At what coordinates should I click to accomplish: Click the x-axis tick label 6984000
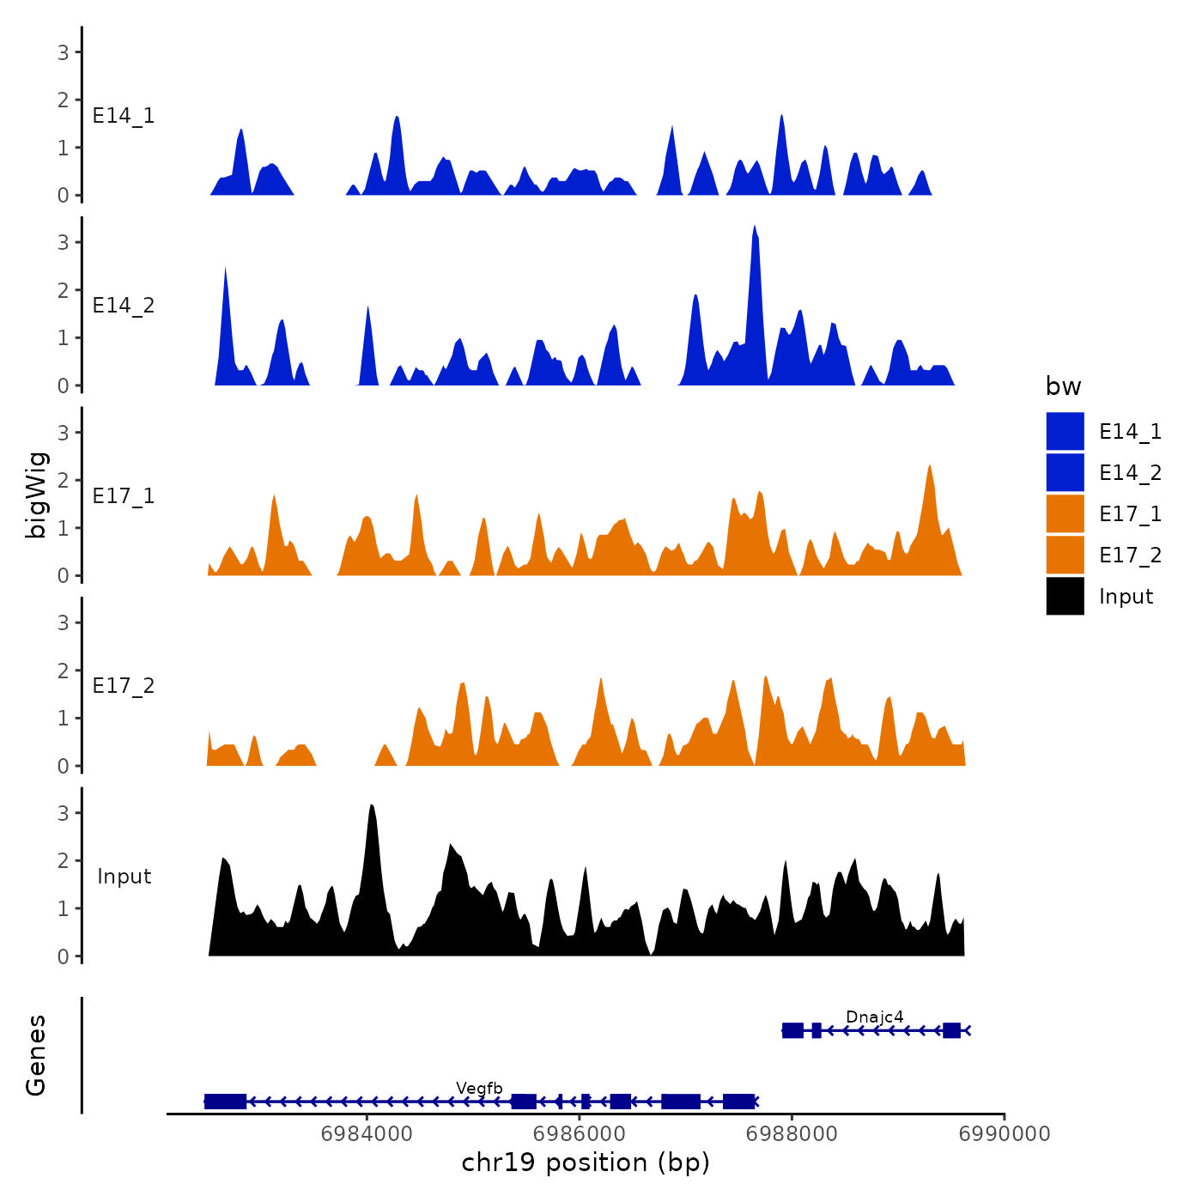(367, 1133)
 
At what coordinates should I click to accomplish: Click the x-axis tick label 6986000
(580, 1133)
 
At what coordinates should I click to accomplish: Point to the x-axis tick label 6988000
(792, 1133)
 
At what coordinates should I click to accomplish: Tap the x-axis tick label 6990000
(1005, 1133)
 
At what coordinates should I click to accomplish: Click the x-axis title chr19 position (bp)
(586, 1163)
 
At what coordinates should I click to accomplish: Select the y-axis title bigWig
(37, 495)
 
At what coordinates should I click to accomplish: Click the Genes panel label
(36, 1055)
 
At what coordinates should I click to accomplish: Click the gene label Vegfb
(479, 1089)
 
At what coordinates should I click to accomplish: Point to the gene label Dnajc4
(874, 1017)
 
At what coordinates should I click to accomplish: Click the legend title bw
(1063, 386)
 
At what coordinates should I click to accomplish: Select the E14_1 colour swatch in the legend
(1065, 431)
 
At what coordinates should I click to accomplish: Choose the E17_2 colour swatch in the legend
(1065, 555)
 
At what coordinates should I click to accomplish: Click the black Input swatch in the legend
(1065, 596)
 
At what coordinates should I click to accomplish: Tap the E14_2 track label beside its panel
(124, 306)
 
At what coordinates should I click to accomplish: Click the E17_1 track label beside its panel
(124, 496)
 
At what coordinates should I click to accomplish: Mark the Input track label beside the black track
(124, 877)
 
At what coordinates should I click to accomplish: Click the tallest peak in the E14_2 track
(754, 230)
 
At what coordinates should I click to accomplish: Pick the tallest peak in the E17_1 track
(930, 469)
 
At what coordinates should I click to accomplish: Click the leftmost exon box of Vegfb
(225, 1102)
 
